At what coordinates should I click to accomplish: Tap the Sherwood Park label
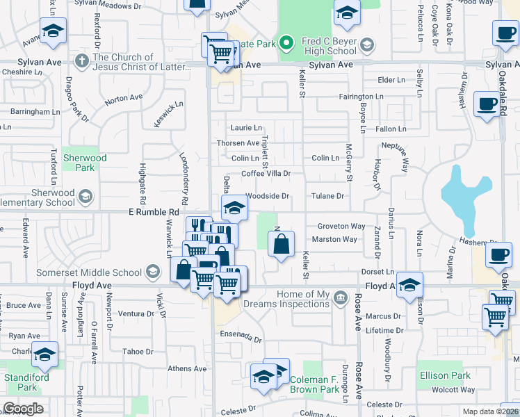point(85,163)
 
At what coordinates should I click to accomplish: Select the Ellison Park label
point(445,376)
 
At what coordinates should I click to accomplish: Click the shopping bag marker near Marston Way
point(281,245)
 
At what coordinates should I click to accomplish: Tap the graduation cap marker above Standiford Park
point(44,355)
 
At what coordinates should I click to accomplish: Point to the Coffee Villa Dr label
point(266,174)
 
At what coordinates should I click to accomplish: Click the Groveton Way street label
point(341,227)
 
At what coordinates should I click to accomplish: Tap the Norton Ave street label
point(124,99)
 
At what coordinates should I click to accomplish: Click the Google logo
point(23,409)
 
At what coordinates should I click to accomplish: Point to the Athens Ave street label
point(186,368)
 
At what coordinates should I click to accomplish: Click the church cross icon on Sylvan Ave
point(82,62)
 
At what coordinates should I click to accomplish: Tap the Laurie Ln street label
point(246,128)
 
